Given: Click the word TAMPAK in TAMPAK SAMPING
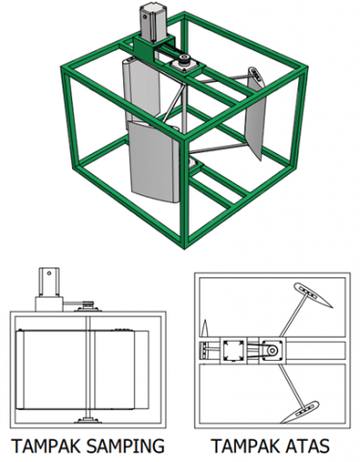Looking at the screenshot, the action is click(x=46, y=446).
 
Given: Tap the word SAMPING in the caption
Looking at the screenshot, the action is click(x=125, y=446).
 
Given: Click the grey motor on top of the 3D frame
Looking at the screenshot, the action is click(x=153, y=23).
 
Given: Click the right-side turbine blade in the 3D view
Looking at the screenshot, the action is click(x=255, y=113).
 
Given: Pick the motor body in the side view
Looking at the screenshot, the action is click(x=49, y=282).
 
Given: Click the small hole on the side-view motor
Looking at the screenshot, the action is click(x=49, y=273).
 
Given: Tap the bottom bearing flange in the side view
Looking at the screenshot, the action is click(x=89, y=420).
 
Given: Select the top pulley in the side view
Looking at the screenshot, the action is click(x=88, y=304).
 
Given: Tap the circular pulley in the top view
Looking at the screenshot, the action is click(x=272, y=350).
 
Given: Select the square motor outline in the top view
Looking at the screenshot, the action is click(x=234, y=350).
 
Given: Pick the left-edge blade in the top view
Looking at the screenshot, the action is click(x=205, y=328).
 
